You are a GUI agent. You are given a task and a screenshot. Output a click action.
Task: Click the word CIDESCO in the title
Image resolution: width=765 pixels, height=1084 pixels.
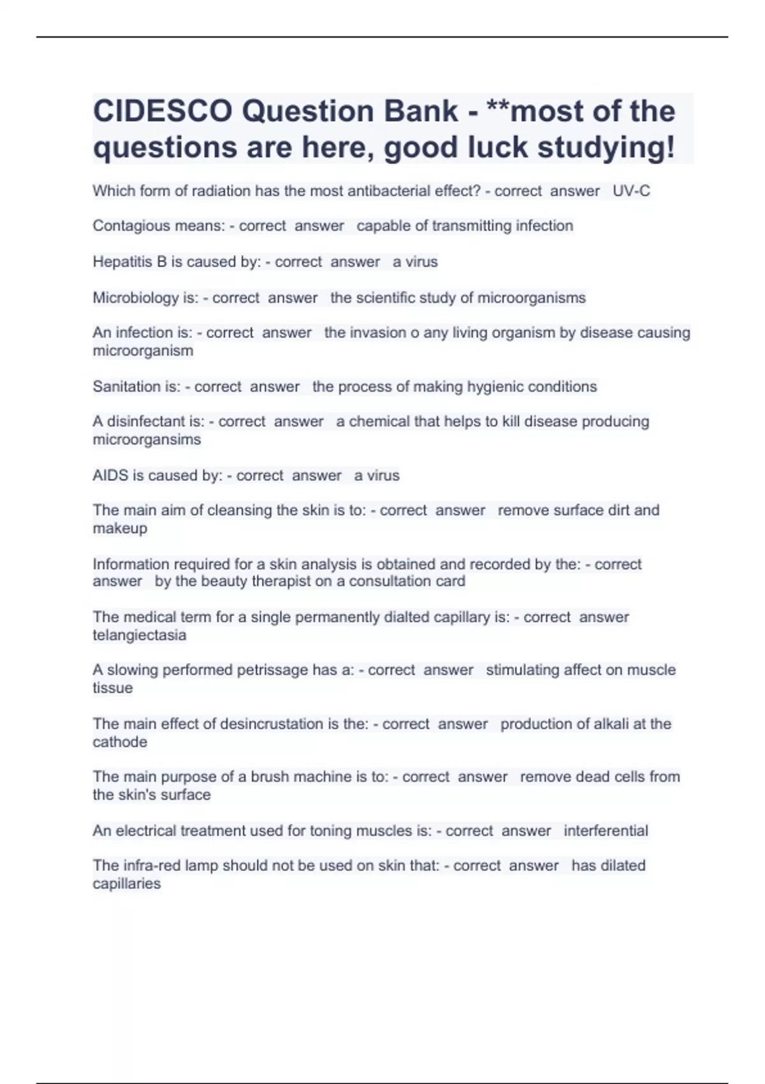tap(163, 112)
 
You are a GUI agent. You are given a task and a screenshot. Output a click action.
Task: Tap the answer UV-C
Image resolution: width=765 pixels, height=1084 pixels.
tap(631, 191)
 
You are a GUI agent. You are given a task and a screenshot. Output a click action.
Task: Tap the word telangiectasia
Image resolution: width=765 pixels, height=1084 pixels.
tap(140, 635)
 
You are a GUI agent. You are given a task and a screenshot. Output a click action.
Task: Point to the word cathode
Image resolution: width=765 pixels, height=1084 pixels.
tap(120, 742)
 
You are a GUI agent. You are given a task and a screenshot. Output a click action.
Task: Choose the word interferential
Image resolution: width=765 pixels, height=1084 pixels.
tap(606, 831)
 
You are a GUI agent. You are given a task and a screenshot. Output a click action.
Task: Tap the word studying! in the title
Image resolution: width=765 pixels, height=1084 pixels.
tap(606, 147)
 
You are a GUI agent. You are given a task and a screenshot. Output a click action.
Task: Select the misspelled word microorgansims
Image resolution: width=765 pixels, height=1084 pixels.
tap(147, 439)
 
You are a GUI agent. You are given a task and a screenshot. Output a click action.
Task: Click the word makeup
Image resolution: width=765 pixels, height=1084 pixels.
tap(120, 528)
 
